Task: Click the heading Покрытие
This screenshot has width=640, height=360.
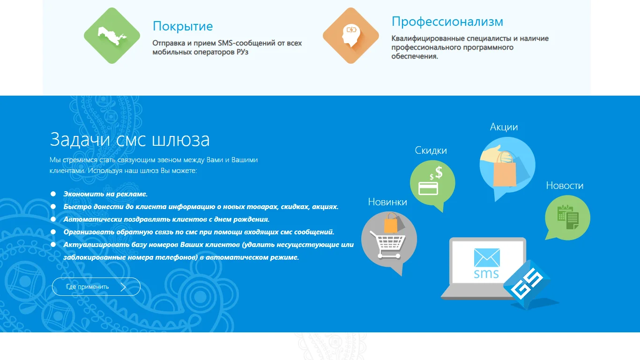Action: [x=183, y=26]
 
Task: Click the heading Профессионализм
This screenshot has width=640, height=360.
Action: [x=447, y=22]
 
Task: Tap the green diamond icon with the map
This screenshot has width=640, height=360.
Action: [x=112, y=36]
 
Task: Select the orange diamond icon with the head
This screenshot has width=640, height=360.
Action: [x=351, y=36]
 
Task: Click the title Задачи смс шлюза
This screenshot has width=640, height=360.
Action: [x=130, y=140]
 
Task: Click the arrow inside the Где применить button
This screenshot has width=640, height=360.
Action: [x=123, y=287]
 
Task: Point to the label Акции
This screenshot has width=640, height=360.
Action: [x=504, y=127]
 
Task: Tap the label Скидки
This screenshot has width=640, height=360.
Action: [x=431, y=150]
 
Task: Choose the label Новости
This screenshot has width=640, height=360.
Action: [x=565, y=186]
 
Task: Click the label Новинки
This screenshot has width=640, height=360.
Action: [x=387, y=202]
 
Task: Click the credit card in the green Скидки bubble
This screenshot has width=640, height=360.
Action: [x=428, y=188]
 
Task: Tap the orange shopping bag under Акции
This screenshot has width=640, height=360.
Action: [x=505, y=170]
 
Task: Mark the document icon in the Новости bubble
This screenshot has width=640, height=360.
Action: [x=568, y=217]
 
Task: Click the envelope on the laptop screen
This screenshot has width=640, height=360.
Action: [x=487, y=258]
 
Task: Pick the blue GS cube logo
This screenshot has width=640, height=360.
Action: [x=526, y=285]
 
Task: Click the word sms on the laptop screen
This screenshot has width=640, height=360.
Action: [x=486, y=274]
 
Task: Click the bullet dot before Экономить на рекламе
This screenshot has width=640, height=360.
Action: [x=53, y=194]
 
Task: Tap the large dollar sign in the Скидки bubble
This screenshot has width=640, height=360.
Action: [x=439, y=172]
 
